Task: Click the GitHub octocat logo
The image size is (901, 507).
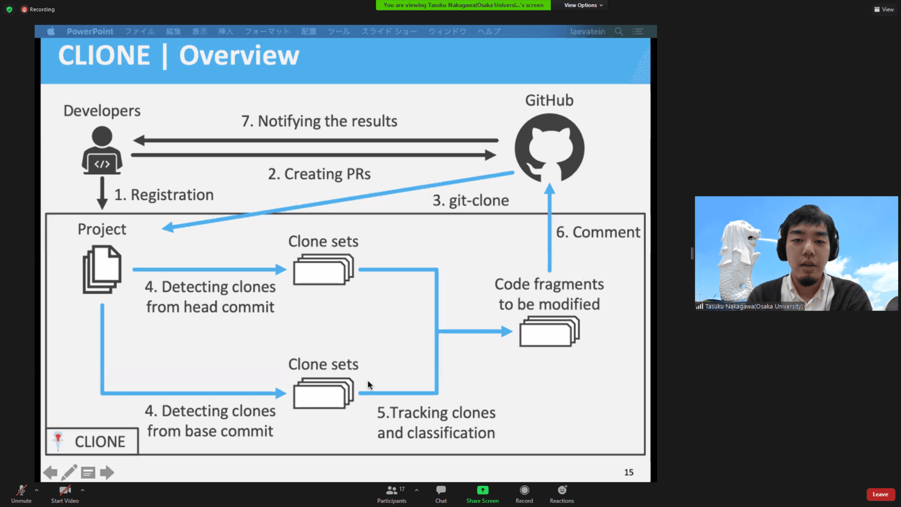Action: pos(549,148)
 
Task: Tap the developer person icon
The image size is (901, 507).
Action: pos(102,151)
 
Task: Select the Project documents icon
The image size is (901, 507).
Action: pos(102,269)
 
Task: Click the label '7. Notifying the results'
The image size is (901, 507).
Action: pos(319,121)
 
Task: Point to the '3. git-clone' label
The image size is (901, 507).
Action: pos(470,200)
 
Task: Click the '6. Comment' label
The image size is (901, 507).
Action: pos(598,232)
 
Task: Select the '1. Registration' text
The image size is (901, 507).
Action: pos(164,195)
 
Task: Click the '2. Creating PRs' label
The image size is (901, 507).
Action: pos(319,174)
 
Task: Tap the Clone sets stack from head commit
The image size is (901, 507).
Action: pos(323,270)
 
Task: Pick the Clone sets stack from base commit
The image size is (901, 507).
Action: pos(323,393)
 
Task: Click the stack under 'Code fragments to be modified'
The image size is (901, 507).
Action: pos(549,332)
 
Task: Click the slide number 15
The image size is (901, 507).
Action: pos(629,472)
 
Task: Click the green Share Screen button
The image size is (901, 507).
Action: pos(482,494)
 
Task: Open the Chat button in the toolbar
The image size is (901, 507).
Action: pos(441,494)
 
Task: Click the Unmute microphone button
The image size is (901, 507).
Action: pos(21,494)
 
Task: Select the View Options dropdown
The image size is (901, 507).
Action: pos(583,5)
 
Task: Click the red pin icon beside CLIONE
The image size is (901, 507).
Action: pos(58,441)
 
